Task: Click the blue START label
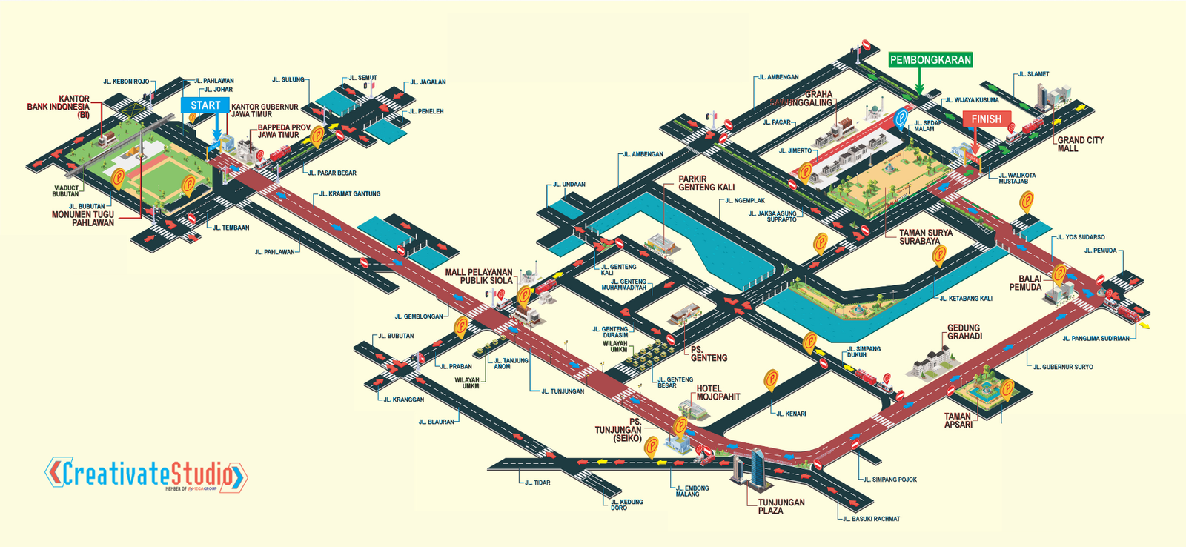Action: point(205,105)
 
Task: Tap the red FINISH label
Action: point(986,119)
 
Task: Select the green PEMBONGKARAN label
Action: point(930,60)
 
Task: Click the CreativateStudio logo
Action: point(146,474)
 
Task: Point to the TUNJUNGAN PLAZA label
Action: point(781,506)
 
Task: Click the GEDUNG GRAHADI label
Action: point(964,332)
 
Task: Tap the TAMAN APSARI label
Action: point(958,420)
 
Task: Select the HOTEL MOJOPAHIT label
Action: point(718,392)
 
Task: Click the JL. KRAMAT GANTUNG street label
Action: point(350,194)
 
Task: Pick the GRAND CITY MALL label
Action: point(1080,144)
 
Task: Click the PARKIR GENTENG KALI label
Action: point(706,183)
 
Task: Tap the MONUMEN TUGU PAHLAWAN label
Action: point(82,219)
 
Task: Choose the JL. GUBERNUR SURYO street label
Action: point(1062,367)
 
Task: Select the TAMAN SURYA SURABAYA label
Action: point(925,236)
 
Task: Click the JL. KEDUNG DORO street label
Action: point(626,505)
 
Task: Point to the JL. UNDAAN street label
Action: point(569,185)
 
